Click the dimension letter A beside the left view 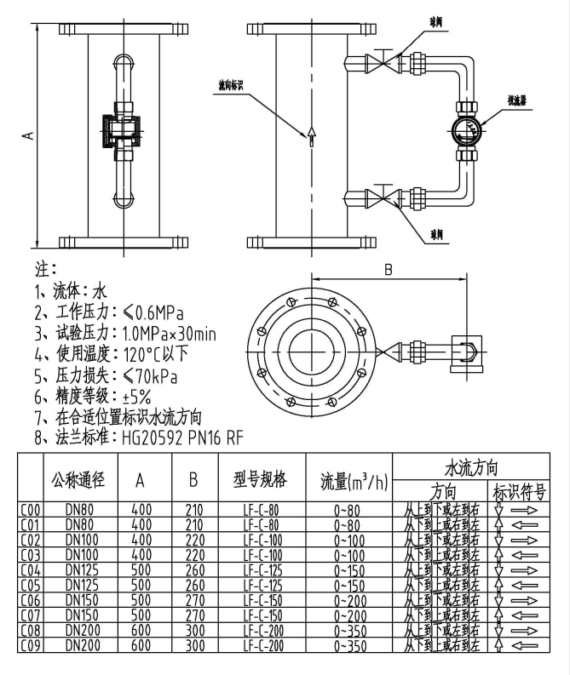coord(27,134)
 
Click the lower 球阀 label coord(436,232)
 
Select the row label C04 coord(31,569)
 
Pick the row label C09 coord(31,646)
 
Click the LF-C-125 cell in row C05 coord(263,585)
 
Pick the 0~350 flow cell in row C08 coord(350,631)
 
